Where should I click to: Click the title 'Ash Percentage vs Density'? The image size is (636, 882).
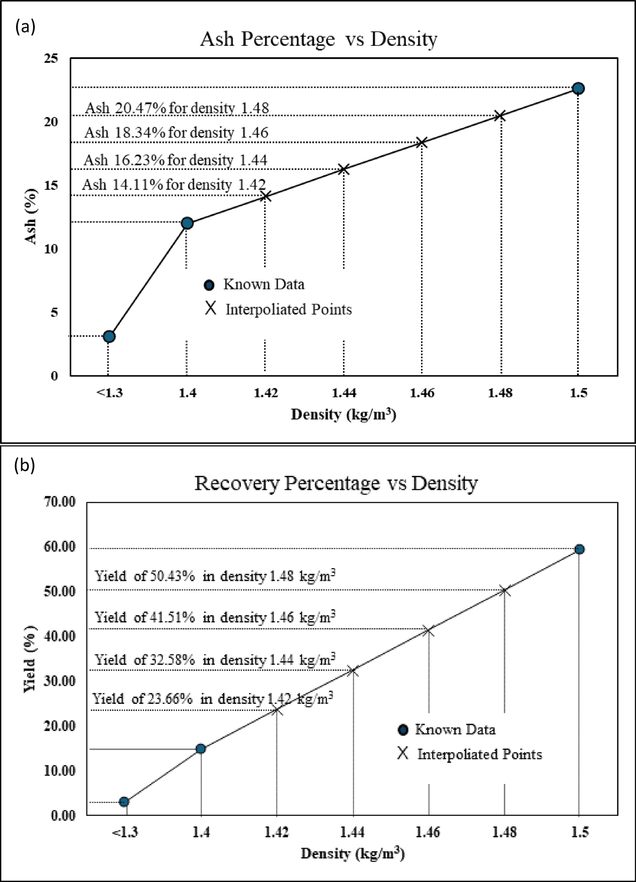pyautogui.click(x=318, y=39)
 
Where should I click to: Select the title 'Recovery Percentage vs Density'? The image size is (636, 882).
pyautogui.click(x=336, y=483)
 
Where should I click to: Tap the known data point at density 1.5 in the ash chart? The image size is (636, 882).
pyautogui.click(x=578, y=88)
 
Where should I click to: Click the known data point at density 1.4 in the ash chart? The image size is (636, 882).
pyautogui.click(x=187, y=223)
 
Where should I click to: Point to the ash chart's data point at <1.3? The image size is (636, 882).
pyautogui.click(x=109, y=336)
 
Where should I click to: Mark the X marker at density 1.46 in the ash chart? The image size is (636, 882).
pyautogui.click(x=421, y=142)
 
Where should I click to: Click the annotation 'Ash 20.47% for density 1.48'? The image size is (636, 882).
pyautogui.click(x=177, y=108)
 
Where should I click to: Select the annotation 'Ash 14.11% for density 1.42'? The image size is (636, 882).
pyautogui.click(x=174, y=184)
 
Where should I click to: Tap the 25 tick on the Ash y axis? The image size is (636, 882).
pyautogui.click(x=51, y=58)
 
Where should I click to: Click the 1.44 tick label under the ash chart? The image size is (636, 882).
pyautogui.click(x=343, y=393)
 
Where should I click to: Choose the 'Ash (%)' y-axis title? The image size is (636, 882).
pyautogui.click(x=31, y=216)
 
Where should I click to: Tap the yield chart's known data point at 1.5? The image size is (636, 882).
pyautogui.click(x=579, y=549)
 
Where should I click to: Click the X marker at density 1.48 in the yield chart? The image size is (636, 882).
pyautogui.click(x=504, y=591)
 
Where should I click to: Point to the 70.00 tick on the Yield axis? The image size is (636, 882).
pyautogui.click(x=59, y=502)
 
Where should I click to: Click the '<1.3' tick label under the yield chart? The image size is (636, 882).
pyautogui.click(x=125, y=832)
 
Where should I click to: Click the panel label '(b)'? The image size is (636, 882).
pyautogui.click(x=25, y=465)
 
